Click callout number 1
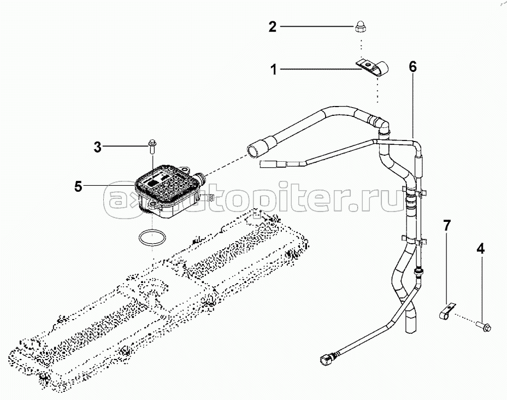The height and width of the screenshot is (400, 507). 273,69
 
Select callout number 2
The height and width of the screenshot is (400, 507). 273,26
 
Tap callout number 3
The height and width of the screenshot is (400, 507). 97,146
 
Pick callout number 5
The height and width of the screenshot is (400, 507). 79,186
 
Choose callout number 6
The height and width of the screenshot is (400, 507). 412,67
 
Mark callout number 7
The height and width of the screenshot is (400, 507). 446,224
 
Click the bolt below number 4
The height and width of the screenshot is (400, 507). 484,326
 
